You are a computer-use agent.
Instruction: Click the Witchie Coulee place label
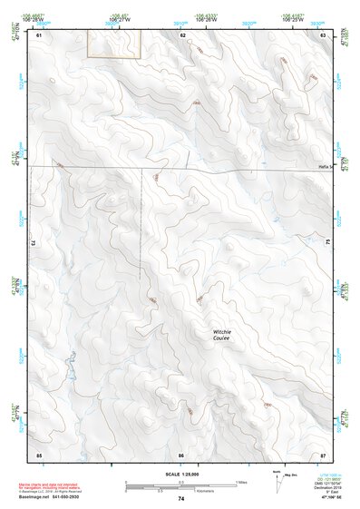[221, 335]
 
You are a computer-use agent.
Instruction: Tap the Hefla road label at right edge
[326, 166]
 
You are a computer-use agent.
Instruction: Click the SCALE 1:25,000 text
[180, 475]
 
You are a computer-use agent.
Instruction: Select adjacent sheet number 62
[182, 34]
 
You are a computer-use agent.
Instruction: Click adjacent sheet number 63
[324, 34]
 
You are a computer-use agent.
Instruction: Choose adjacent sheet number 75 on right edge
[328, 243]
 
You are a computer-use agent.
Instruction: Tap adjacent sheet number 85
[39, 454]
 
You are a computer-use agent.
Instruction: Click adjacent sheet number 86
[181, 454]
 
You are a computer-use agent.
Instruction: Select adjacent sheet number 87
[323, 454]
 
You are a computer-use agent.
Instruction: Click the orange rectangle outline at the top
[114, 44]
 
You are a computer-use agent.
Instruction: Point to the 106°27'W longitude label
[118, 17]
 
